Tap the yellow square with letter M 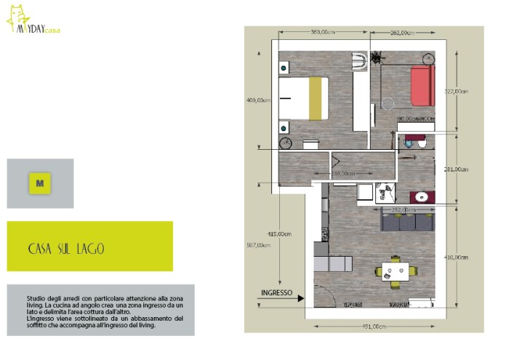pos(39,183)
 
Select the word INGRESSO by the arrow pos(276,294)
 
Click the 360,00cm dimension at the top pos(322,33)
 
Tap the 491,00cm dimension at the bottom pos(372,327)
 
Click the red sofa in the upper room pos(422,87)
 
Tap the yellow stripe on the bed pos(316,99)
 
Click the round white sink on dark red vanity pos(421,195)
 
